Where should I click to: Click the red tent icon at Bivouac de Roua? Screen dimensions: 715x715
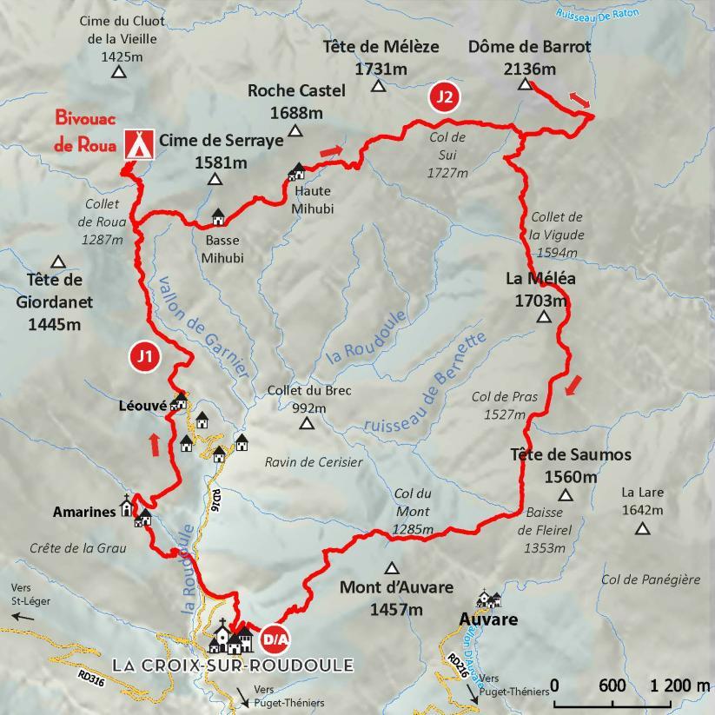click(135, 142)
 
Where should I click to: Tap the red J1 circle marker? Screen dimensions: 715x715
click(144, 357)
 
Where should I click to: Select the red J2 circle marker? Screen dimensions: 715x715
click(444, 96)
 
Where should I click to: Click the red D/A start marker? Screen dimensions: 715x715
click(275, 639)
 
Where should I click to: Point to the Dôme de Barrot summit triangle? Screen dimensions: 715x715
click(525, 85)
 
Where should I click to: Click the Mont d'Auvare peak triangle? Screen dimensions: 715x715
click(392, 568)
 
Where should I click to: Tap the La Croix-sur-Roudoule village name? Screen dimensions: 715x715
click(233, 665)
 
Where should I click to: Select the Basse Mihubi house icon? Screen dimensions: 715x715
click(217, 215)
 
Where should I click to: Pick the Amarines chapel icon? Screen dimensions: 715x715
click(128, 506)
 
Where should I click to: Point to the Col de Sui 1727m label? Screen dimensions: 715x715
click(447, 155)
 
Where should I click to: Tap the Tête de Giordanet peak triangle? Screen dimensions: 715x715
click(58, 262)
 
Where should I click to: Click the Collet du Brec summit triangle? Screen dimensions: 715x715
click(306, 424)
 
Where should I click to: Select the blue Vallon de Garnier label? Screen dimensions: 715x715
click(197, 322)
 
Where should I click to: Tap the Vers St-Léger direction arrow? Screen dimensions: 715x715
click(23, 617)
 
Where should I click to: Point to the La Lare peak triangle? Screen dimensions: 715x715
click(642, 528)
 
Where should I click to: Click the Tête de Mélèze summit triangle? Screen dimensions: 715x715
click(378, 85)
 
